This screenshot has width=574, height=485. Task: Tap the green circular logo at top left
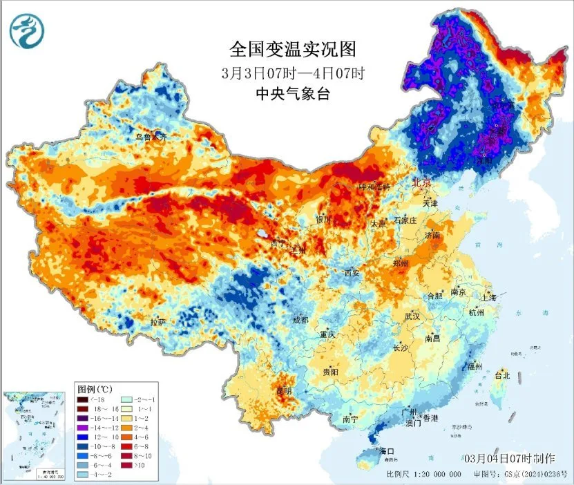click(27, 31)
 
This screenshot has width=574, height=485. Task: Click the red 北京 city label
click(421, 183)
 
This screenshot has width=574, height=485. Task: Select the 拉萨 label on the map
click(157, 322)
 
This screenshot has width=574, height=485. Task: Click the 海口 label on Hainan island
click(388, 452)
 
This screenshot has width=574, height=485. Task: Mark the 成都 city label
click(300, 320)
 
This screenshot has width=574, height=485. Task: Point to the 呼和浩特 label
click(374, 187)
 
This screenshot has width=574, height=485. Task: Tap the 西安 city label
click(352, 274)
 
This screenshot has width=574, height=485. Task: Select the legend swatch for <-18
click(83, 399)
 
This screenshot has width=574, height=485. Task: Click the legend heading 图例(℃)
click(95, 389)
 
